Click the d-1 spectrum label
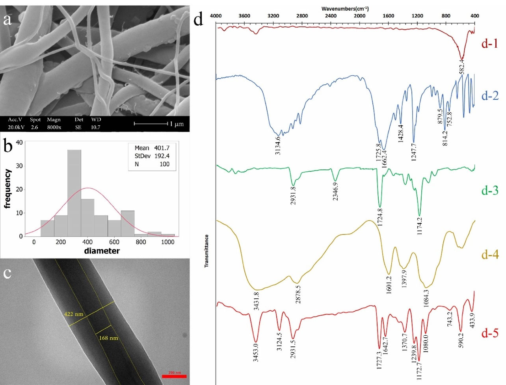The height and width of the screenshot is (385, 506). (x=489, y=43)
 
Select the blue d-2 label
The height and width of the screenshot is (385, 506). (x=490, y=96)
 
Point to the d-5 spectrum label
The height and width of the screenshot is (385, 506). (x=490, y=333)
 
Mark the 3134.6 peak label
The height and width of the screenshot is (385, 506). (x=278, y=145)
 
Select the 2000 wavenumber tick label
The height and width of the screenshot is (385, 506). (x=359, y=16)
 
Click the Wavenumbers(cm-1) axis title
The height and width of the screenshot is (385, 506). (x=345, y=9)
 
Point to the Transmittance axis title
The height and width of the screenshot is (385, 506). (x=206, y=251)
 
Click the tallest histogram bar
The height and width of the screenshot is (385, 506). (x=74, y=193)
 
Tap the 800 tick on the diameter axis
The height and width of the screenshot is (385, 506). (x=141, y=242)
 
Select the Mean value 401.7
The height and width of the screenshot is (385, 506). (x=162, y=148)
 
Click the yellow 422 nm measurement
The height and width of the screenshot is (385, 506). (x=74, y=314)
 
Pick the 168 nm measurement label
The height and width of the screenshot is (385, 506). (x=108, y=338)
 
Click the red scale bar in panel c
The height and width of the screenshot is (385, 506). (x=174, y=376)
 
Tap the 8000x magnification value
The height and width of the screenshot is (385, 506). (x=54, y=127)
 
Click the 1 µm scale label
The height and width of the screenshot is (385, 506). (x=177, y=124)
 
